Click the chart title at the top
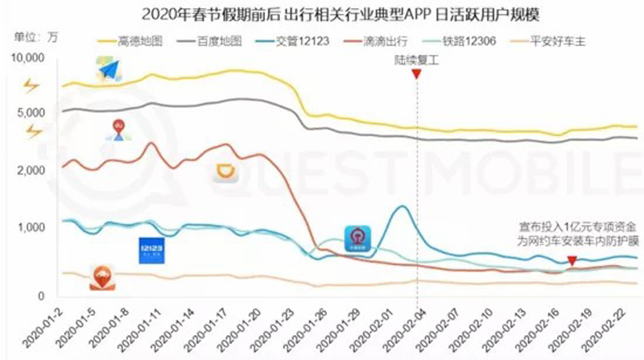click(322, 13)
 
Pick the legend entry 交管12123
click(298, 39)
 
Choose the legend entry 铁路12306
click(465, 39)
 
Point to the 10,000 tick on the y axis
click(30, 57)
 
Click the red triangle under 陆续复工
click(416, 74)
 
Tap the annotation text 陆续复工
click(416, 59)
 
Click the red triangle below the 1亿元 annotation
click(572, 261)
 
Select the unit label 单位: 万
click(36, 36)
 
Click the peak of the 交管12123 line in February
click(400, 207)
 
